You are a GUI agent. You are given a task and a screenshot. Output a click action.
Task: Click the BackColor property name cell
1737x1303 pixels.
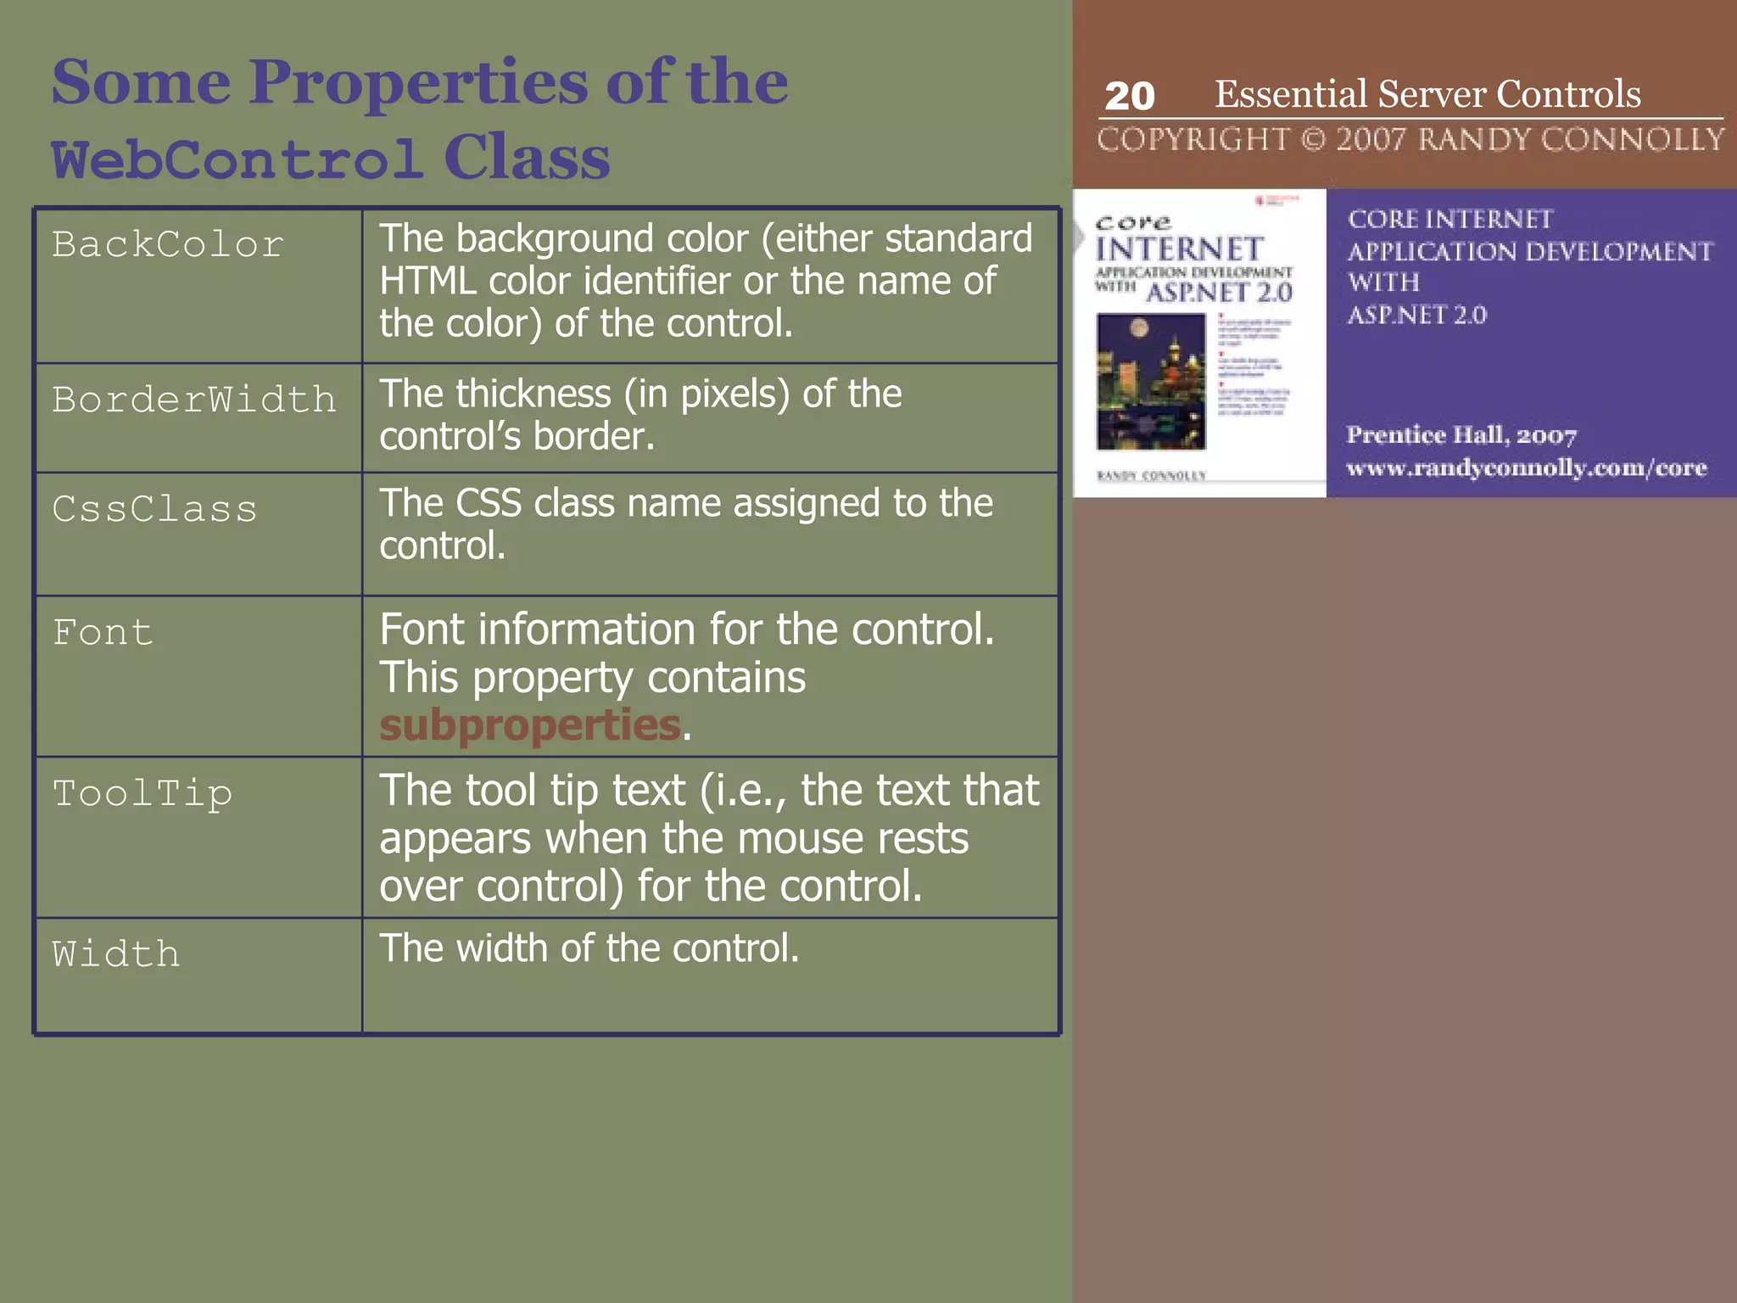click(168, 245)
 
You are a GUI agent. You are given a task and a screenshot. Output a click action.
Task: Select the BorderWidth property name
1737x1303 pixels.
click(193, 400)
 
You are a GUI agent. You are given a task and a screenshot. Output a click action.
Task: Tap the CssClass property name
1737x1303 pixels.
click(154, 509)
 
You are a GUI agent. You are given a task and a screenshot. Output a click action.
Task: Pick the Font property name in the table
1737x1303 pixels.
click(103, 633)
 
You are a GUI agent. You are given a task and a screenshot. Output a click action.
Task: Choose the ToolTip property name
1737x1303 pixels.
click(142, 794)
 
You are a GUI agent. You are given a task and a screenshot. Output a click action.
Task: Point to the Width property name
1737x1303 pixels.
click(116, 954)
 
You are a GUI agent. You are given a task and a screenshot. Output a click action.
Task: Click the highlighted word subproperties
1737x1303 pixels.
click(529, 725)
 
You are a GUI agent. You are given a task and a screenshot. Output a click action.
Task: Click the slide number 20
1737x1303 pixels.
click(1130, 96)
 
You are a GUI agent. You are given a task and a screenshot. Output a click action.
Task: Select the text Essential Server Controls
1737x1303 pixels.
click(1427, 93)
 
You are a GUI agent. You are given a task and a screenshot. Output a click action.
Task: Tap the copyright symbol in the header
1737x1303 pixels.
click(1313, 139)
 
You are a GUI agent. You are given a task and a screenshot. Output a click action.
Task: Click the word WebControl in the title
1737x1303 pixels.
click(237, 159)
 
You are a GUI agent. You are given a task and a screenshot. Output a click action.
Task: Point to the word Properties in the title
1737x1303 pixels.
click(417, 82)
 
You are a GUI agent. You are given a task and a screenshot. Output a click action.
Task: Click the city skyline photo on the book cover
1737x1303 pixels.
click(1151, 381)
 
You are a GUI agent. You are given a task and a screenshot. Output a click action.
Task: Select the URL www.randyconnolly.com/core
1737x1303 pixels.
click(1526, 468)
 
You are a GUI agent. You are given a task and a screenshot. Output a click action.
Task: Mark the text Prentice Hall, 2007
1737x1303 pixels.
click(1461, 435)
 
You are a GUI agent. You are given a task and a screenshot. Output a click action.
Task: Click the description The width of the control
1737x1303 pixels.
click(589, 948)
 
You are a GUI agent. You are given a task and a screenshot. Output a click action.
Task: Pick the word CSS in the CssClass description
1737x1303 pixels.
click(488, 503)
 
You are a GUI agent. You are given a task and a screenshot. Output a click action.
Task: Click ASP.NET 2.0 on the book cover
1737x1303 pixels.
click(1219, 293)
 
